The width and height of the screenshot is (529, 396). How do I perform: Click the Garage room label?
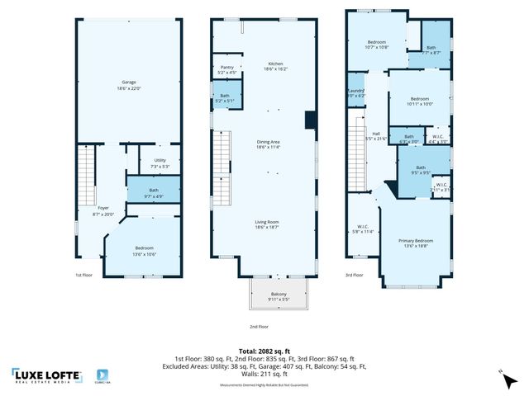point(128,84)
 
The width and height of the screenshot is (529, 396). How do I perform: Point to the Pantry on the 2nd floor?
point(226,69)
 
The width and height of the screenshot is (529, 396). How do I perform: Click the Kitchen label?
point(275,67)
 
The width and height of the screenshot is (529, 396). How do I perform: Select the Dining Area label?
point(269,144)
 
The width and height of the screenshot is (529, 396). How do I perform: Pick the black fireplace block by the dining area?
point(310,121)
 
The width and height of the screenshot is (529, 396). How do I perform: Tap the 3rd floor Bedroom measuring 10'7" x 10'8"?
point(377,44)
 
